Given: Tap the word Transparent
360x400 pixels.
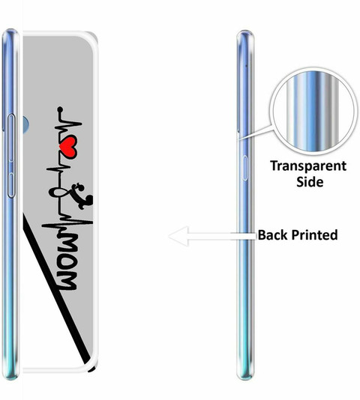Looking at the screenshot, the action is click(x=308, y=166).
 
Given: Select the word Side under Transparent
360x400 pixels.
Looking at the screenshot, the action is click(x=310, y=182).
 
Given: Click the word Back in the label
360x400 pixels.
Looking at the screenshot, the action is click(x=272, y=235).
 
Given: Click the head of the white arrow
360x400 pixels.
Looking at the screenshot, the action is click(x=178, y=236).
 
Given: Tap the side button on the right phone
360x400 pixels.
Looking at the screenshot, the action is click(x=244, y=168).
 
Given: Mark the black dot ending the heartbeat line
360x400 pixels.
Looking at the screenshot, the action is click(x=60, y=109).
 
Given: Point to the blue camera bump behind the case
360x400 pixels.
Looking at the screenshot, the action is click(x=25, y=124).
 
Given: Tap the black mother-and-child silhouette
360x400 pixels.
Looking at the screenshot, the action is click(x=82, y=196).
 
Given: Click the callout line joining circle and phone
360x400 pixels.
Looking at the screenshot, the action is click(x=255, y=133).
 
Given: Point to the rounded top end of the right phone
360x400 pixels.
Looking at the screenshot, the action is click(x=245, y=34).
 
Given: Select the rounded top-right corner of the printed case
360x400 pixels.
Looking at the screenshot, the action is click(x=93, y=37).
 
